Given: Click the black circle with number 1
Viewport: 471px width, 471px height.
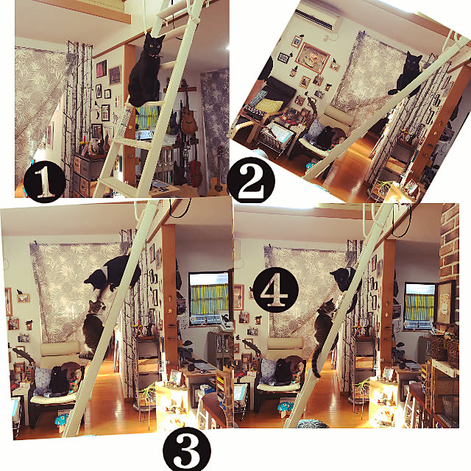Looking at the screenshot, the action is (44, 181).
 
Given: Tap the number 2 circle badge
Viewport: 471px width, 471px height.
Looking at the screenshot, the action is (251, 180).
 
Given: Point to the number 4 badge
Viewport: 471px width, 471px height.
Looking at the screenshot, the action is (276, 290).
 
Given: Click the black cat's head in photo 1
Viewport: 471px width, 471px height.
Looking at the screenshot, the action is (153, 44).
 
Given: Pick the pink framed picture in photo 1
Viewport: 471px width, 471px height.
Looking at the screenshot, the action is (102, 68).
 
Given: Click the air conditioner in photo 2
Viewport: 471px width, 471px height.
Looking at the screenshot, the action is (317, 18).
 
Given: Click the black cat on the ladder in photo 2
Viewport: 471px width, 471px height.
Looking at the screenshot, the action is (408, 74).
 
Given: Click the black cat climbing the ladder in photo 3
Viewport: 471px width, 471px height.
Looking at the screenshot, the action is (113, 273).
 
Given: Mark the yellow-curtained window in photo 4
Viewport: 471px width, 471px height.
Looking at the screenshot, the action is (419, 306).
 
